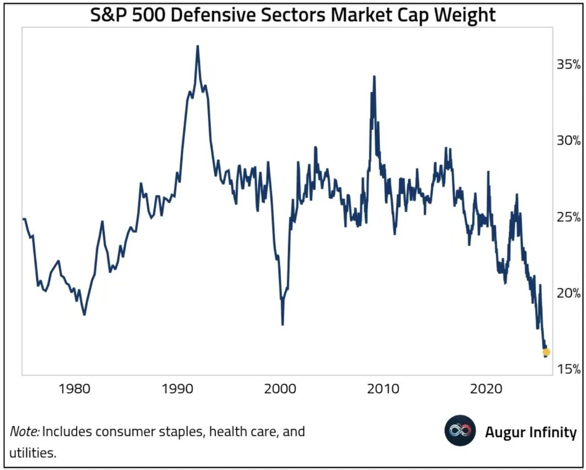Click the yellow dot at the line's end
point(546,352)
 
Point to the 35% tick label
point(568,65)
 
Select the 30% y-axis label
point(568,140)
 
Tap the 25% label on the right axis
point(568,217)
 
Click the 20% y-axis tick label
point(568,293)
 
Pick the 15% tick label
point(568,369)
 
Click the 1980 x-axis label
point(75,389)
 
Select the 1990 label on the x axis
point(178,389)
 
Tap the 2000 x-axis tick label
point(280,389)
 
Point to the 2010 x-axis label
point(383,389)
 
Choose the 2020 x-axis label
point(486,389)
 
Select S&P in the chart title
point(109,15)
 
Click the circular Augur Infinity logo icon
point(460,431)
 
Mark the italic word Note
point(24,432)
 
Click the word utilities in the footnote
point(33,453)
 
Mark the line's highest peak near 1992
point(197,46)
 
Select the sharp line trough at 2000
point(282,324)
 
